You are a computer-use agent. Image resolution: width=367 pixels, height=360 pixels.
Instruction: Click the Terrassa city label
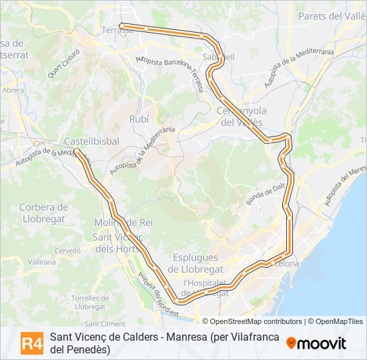(117, 30)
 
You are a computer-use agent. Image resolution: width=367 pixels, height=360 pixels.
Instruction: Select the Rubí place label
(139, 118)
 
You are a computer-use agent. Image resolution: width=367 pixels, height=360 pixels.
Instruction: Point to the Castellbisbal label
(91, 141)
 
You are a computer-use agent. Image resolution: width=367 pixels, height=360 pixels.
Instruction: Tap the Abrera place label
(13, 90)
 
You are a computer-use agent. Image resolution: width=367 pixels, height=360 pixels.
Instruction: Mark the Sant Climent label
(105, 323)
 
